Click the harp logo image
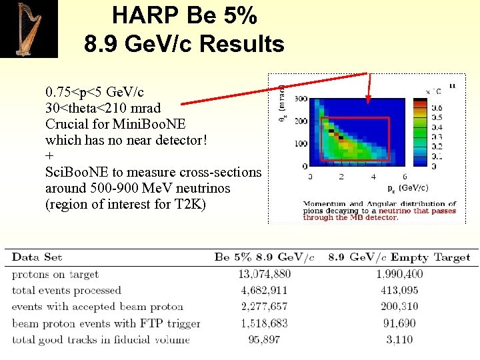click(x=29, y=29)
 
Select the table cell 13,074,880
click(x=264, y=274)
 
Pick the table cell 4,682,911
click(x=264, y=290)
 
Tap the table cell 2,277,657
click(x=264, y=307)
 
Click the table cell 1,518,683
click(x=264, y=323)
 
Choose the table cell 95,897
click(x=264, y=339)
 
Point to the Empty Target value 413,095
click(x=399, y=290)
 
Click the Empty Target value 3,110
click(x=399, y=339)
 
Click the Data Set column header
click(x=37, y=257)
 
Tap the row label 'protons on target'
click(x=55, y=274)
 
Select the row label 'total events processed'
click(x=67, y=290)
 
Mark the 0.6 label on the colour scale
click(x=437, y=107)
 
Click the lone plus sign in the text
click(x=49, y=155)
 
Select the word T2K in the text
click(x=192, y=204)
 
